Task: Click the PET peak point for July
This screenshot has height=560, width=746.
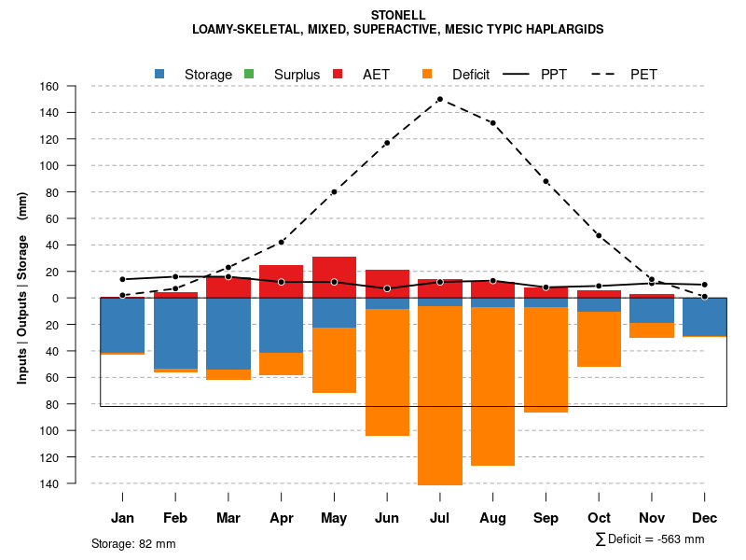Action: (439, 99)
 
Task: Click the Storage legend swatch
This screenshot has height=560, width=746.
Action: (160, 74)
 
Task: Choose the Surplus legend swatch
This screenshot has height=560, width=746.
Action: (249, 74)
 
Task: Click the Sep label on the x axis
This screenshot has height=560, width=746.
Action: (546, 518)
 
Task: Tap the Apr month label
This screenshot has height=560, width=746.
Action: (282, 518)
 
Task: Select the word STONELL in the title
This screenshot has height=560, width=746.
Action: (398, 15)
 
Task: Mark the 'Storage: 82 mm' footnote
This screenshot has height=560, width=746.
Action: (133, 543)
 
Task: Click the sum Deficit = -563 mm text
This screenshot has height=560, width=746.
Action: (650, 539)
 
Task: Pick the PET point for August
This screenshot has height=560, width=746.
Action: (492, 123)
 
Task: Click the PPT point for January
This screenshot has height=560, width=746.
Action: (122, 279)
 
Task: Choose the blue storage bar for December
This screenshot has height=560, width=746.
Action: (704, 316)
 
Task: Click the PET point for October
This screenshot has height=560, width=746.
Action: (599, 235)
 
